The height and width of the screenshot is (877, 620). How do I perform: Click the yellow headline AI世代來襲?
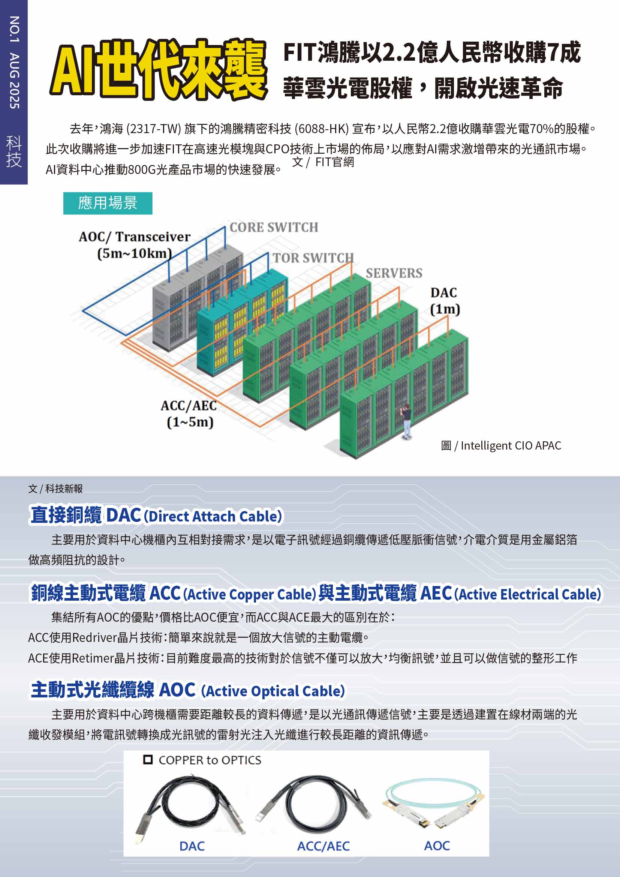tap(159, 69)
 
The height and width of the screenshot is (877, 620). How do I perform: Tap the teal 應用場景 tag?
tap(108, 203)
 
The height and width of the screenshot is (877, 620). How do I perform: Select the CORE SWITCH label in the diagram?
tap(274, 228)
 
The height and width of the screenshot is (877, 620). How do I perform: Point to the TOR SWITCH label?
tap(313, 258)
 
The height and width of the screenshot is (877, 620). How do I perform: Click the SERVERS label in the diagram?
tap(394, 273)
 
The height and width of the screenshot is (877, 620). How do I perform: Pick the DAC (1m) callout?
tap(445, 301)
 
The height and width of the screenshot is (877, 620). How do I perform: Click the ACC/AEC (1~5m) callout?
tap(189, 414)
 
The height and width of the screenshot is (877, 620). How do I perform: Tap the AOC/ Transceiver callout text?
tap(135, 244)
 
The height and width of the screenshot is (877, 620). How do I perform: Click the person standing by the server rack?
tap(407, 421)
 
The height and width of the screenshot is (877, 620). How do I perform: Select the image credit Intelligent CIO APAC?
tap(501, 445)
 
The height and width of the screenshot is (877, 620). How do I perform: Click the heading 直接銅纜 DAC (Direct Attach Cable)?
tap(156, 515)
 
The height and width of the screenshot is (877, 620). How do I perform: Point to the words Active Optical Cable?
tap(273, 691)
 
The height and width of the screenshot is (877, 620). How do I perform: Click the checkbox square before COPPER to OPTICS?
tap(148, 760)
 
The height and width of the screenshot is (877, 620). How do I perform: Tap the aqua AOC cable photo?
tap(434, 802)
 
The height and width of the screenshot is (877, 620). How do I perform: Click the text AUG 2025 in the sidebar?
tap(14, 81)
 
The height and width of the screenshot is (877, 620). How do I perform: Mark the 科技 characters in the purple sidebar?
tap(14, 151)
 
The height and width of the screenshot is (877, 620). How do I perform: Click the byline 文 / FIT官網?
tap(323, 162)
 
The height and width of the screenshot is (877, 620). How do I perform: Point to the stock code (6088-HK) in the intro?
tap(322, 129)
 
